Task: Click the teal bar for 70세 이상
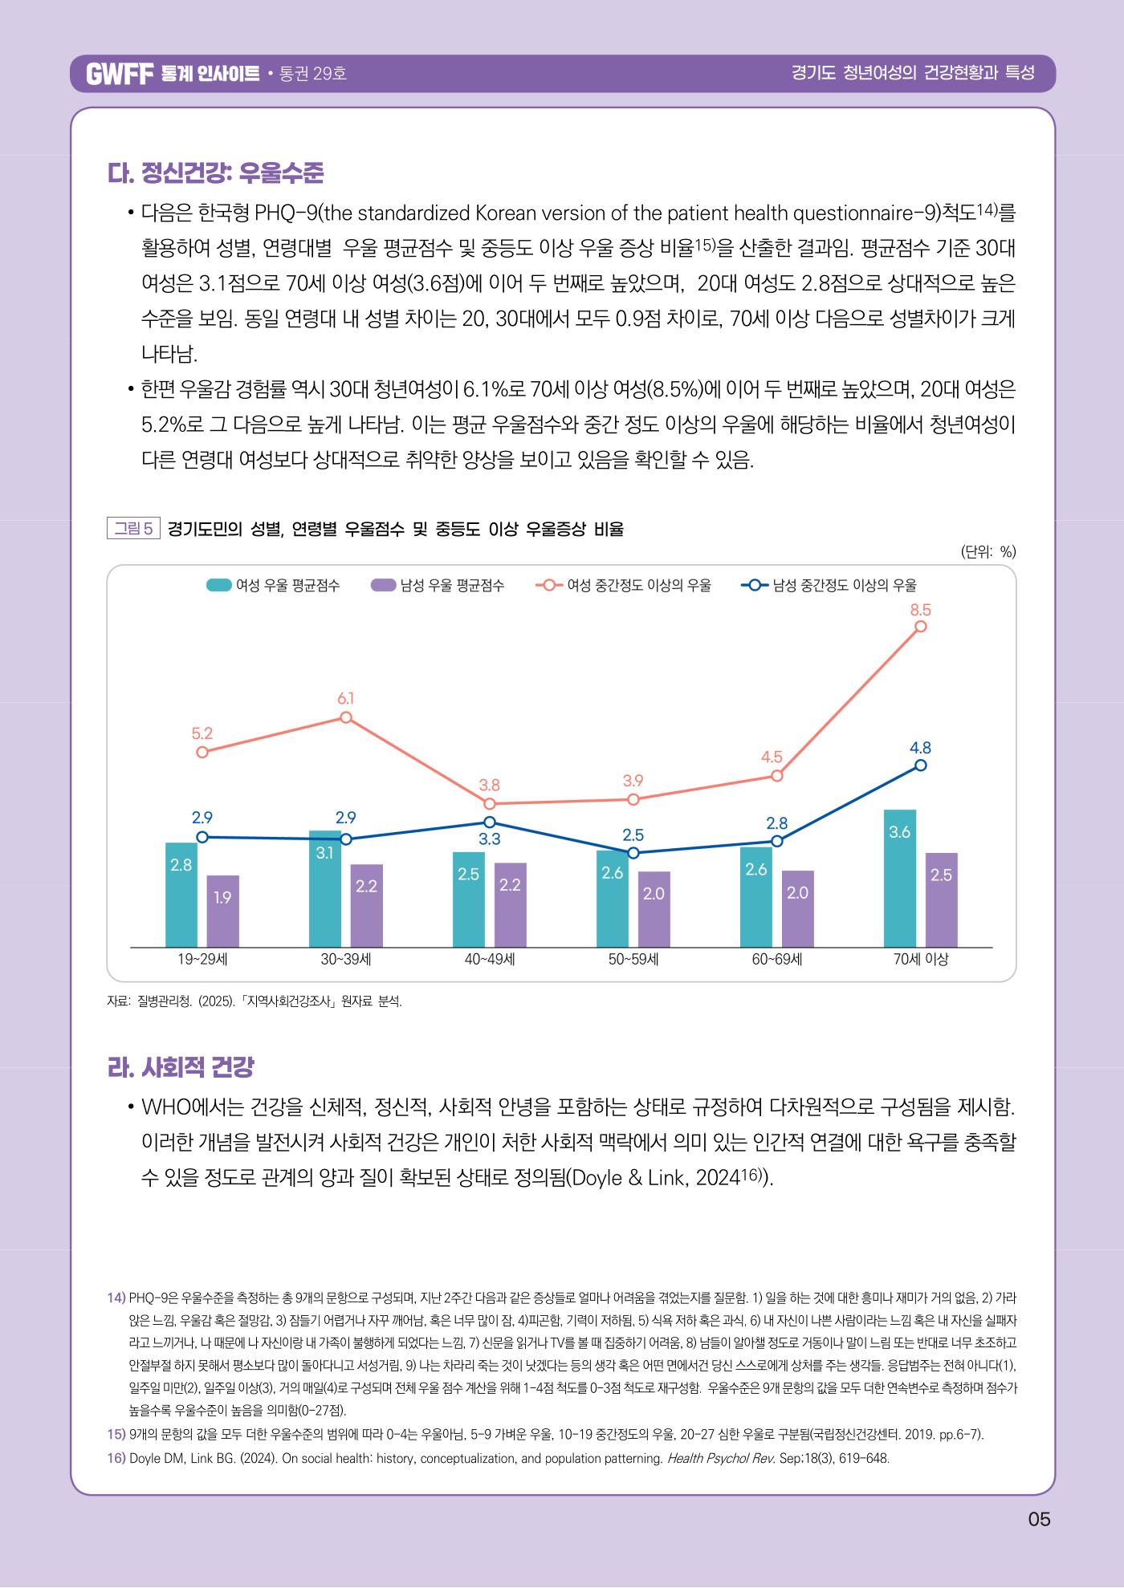point(899,879)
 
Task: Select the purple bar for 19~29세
point(222,912)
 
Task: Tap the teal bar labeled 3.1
point(324,889)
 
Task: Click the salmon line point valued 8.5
point(920,627)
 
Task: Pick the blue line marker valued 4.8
point(920,766)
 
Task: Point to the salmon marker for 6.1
point(346,717)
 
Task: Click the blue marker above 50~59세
point(633,852)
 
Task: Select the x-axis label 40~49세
point(490,959)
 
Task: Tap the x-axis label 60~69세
point(776,959)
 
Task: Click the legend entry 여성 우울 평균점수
point(273,585)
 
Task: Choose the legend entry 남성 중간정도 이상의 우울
point(829,585)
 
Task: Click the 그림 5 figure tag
point(134,528)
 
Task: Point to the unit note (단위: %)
point(988,551)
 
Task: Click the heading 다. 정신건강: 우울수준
point(215,173)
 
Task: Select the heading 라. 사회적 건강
point(181,1067)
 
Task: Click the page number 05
point(1038,1519)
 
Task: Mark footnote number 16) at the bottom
point(116,1458)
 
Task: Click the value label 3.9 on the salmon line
point(633,780)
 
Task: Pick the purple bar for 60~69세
point(797,909)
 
